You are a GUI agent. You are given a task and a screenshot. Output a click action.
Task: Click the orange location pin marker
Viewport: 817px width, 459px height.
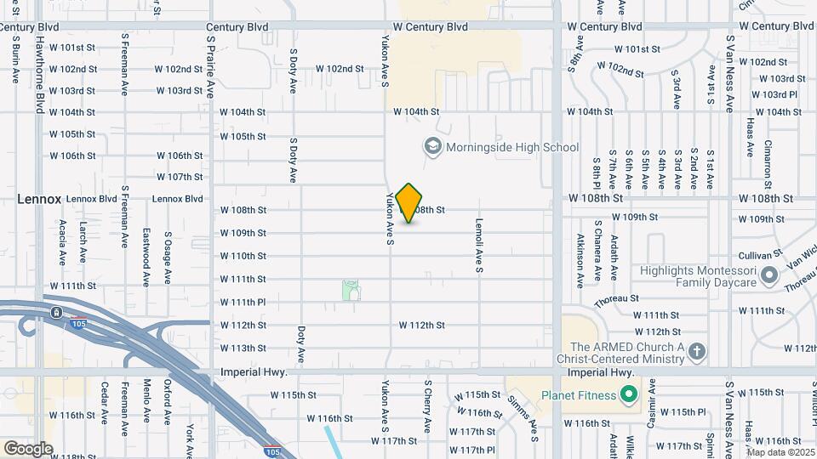[409, 203]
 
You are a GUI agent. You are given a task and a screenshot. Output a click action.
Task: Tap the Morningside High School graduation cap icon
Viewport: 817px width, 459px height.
[432, 147]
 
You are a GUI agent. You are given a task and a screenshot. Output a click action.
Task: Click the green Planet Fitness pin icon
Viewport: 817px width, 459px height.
[628, 395]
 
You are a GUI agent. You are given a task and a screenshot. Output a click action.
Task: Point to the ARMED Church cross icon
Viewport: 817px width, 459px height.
[697, 352]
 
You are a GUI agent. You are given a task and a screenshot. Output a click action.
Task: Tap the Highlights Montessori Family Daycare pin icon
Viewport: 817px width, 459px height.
[768, 275]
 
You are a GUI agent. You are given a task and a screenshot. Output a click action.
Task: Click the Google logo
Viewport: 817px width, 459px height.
[28, 448]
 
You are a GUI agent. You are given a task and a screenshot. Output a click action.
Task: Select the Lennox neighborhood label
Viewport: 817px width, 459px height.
[38, 199]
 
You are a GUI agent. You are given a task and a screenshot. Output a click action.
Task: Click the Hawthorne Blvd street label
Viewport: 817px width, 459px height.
[40, 75]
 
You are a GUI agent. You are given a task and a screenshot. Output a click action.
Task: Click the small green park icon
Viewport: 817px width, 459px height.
[351, 291]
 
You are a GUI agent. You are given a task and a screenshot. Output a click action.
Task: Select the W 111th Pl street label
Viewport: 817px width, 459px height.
[243, 302]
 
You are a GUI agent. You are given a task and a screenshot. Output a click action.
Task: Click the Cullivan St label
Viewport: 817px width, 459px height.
[760, 254]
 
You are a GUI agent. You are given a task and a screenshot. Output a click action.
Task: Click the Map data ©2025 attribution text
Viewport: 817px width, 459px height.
[780, 452]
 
